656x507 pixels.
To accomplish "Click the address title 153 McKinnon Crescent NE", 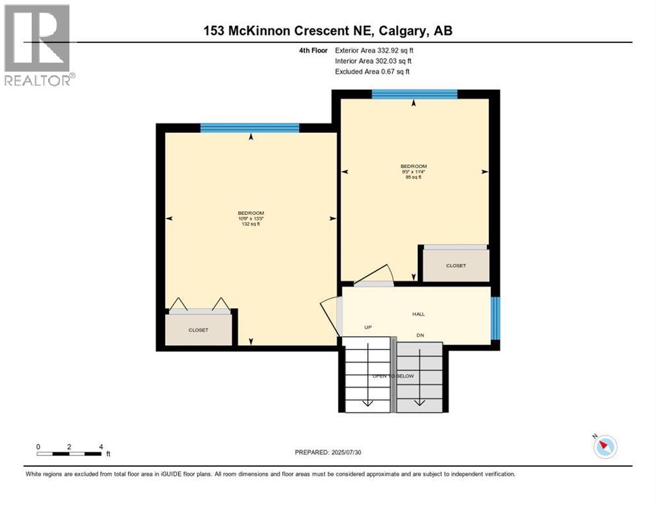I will click(327, 30).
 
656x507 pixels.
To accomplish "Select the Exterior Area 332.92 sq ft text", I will click(374, 50).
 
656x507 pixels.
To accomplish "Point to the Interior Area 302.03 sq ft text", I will click(374, 61).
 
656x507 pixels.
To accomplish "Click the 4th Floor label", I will click(313, 50).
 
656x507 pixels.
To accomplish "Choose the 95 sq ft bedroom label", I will click(413, 172).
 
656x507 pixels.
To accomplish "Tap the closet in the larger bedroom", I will click(199, 329).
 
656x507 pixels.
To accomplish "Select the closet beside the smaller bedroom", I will click(455, 265).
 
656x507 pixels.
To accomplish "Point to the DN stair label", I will click(420, 335).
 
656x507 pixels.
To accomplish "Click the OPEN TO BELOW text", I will click(394, 376).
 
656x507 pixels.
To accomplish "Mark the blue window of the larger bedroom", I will click(249, 128).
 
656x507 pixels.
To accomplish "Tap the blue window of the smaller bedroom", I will click(414, 94).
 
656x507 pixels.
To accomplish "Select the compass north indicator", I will click(604, 447).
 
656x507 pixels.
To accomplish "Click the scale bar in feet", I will click(69, 454).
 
